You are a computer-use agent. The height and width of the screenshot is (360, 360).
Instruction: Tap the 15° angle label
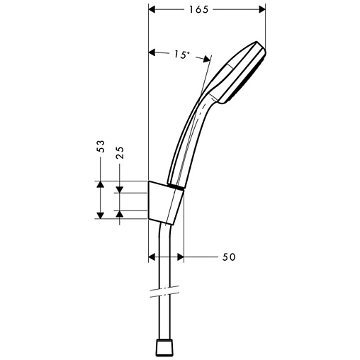tap(181, 55)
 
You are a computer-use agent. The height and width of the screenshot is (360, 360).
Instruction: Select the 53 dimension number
tap(101, 147)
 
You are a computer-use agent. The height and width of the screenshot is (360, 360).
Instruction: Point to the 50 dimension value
tap(228, 257)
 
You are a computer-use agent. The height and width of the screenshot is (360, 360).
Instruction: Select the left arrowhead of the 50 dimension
tap(152, 257)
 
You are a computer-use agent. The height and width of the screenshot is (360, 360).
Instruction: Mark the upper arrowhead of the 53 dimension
tap(101, 184)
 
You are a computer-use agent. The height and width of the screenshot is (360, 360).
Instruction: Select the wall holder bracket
tap(164, 201)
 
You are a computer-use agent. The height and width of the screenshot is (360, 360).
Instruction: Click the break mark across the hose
tap(163, 291)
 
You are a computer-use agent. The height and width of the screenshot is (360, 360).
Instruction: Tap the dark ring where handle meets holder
tap(176, 186)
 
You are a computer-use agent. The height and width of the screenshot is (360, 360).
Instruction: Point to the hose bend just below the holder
tap(164, 230)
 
